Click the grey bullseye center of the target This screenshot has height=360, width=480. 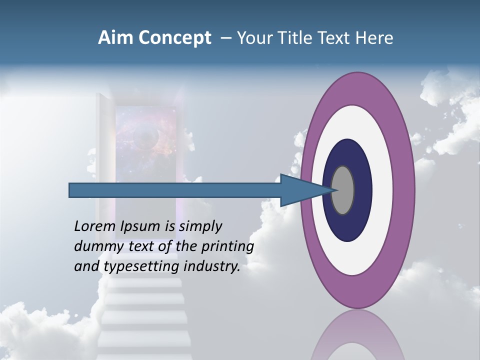[x=343, y=190]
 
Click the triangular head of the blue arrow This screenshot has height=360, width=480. [x=300, y=190]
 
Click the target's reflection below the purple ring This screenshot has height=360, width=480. [x=357, y=335]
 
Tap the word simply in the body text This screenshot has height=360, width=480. [x=199, y=227]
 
